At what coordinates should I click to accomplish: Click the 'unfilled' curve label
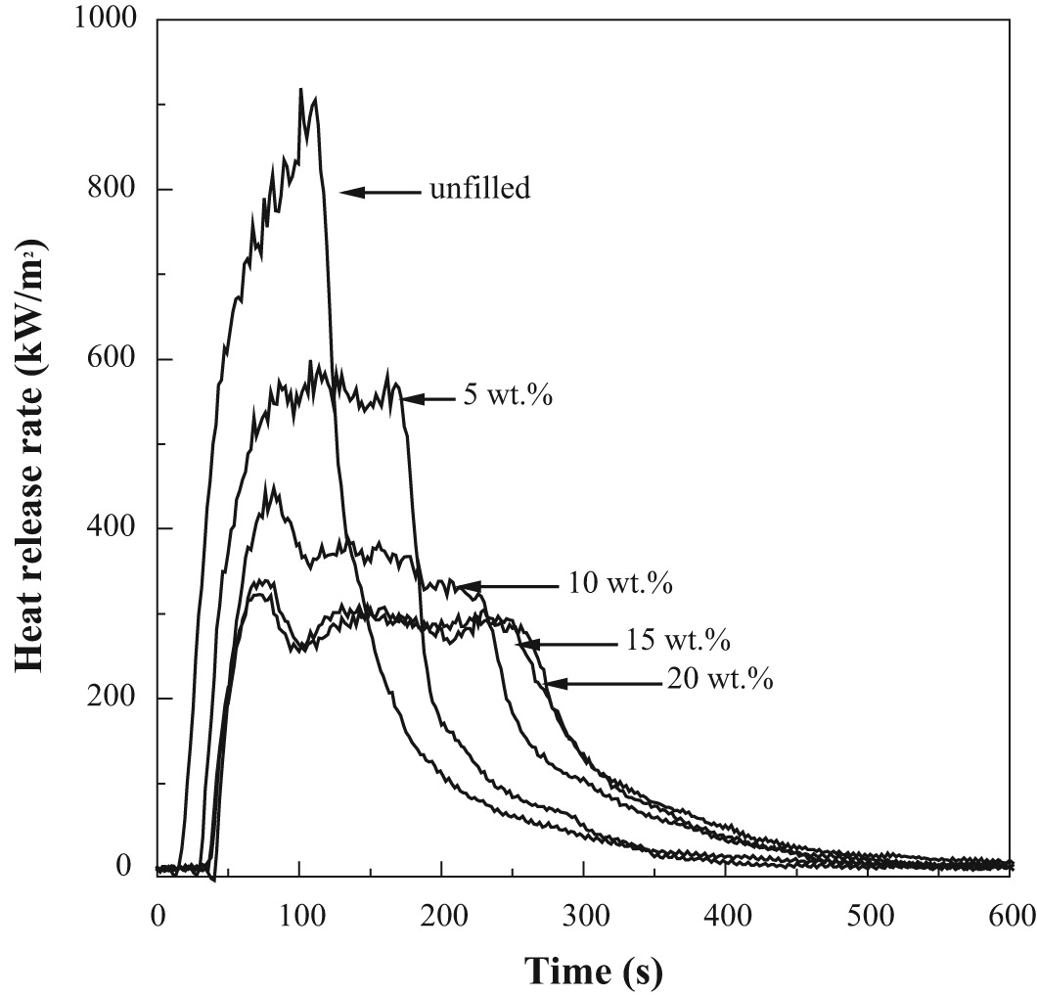click(479, 190)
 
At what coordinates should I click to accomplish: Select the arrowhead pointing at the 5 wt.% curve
click(409, 398)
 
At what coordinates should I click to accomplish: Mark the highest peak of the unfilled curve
click(300, 90)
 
